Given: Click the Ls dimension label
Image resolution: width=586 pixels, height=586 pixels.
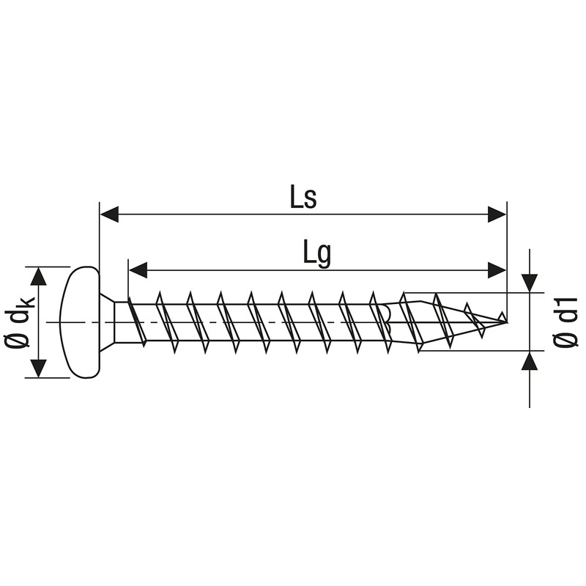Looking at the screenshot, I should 302,198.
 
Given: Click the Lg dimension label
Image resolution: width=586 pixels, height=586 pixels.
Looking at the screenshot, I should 316,253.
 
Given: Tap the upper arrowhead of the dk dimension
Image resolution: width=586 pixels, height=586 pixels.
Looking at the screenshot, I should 39,276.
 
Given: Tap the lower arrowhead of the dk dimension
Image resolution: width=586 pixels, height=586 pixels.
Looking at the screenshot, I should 39,368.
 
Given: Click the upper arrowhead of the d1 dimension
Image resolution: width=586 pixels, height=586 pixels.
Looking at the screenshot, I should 529,283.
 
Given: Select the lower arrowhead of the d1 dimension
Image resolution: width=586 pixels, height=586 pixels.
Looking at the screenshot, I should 529,361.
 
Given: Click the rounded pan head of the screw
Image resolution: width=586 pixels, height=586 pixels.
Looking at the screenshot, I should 82,322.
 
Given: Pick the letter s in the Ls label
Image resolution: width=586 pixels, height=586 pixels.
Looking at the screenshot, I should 310,200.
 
